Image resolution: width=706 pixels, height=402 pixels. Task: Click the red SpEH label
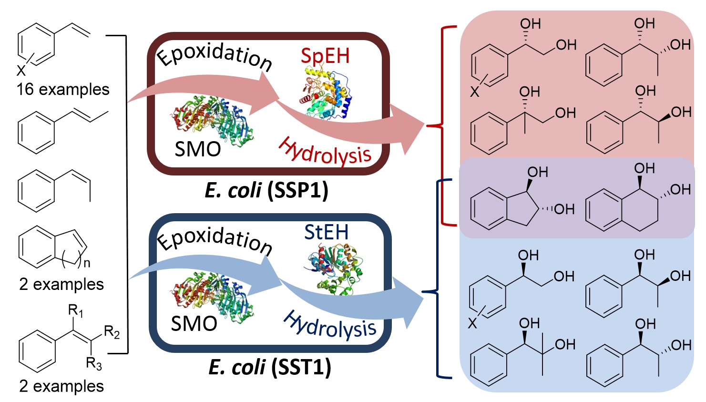(325, 56)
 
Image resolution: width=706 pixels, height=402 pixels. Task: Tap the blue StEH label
(327, 233)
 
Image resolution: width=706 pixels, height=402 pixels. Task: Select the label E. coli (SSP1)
(266, 190)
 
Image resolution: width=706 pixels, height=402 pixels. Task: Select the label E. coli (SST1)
(270, 367)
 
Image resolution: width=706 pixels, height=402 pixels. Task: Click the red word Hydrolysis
(325, 152)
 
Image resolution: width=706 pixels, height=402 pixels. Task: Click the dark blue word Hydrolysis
(329, 325)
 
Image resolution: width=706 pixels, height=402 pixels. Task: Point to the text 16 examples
(63, 89)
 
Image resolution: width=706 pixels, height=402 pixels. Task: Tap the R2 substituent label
(112, 332)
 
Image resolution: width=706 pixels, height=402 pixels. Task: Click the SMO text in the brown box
(198, 149)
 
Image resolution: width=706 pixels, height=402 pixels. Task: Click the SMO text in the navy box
(194, 324)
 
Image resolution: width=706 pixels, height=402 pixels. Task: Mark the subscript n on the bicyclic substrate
(86, 263)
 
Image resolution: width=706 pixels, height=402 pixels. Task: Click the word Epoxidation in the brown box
(215, 56)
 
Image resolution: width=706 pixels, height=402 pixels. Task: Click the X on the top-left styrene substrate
(21, 71)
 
